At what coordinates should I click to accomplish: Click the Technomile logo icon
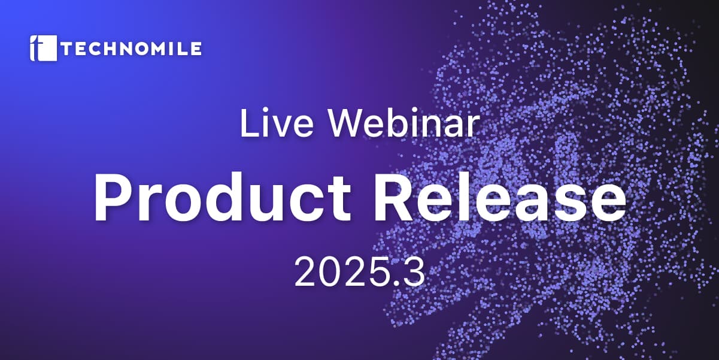click(x=43, y=48)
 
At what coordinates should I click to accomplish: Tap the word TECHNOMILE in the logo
click(x=131, y=49)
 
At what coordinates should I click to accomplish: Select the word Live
click(x=277, y=123)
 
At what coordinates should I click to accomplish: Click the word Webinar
click(x=404, y=123)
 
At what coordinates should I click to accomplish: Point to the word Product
click(x=222, y=196)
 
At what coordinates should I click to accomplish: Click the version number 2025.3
click(x=359, y=272)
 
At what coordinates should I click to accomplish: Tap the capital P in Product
click(x=113, y=196)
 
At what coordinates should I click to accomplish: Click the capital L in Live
click(x=250, y=123)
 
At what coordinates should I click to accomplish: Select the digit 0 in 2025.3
click(x=333, y=272)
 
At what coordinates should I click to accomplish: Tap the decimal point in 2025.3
click(x=397, y=283)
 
